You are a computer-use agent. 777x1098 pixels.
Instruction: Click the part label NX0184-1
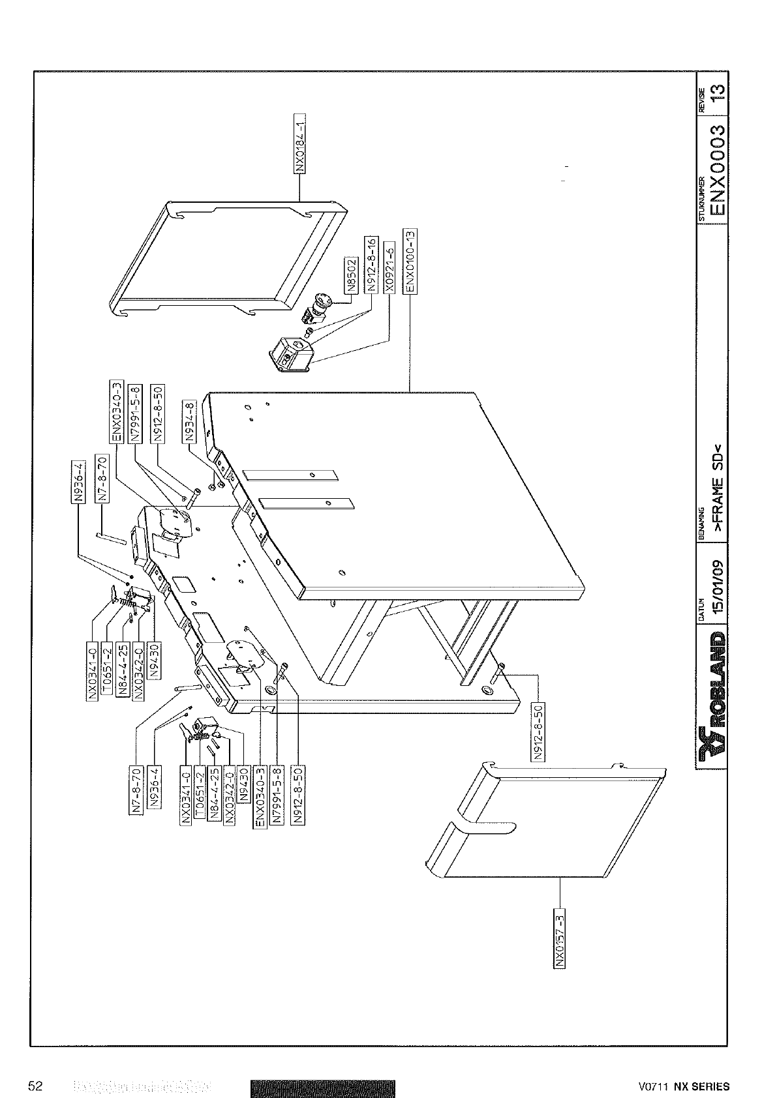coord(301,145)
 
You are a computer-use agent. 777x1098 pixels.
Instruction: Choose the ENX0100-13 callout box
coord(411,261)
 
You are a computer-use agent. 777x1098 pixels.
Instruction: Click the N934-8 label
coord(190,423)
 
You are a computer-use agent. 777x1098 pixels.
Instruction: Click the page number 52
coord(35,1086)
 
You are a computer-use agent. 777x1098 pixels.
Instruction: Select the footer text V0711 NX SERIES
coord(684,1087)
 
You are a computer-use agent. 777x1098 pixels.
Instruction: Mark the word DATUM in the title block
coord(701,610)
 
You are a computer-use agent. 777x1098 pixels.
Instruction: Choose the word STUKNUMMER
coord(702,200)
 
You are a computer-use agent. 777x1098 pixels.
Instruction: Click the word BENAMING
coord(701,517)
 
